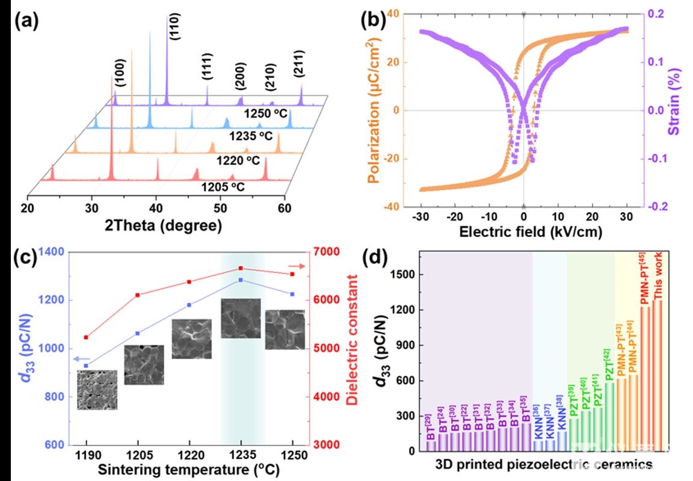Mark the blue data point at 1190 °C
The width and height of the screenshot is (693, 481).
[86, 366]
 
